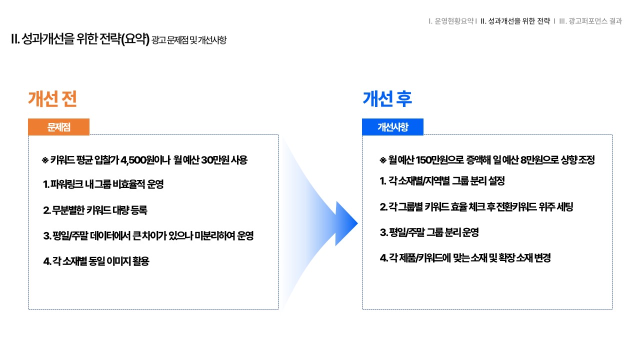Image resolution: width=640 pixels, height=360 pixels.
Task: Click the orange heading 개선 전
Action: [52, 99]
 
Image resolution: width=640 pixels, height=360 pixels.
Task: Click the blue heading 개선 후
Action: [387, 99]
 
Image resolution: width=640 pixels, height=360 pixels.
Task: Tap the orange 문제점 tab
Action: [58, 127]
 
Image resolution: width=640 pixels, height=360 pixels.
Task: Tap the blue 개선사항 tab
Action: [392, 127]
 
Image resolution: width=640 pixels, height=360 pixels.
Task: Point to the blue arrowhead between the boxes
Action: [345, 223]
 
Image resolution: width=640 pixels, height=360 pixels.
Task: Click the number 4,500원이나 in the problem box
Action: [145, 160]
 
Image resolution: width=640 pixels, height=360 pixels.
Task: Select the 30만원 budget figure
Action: [215, 160]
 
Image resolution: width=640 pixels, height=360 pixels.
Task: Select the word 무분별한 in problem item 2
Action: [68, 210]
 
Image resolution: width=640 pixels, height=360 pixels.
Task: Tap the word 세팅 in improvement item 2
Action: [565, 206]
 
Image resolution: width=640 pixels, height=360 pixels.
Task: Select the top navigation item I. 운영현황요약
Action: [451, 21]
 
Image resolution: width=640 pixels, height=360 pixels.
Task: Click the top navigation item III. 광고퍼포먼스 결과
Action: [590, 21]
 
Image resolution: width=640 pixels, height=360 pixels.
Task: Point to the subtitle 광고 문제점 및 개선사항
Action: [189, 40]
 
